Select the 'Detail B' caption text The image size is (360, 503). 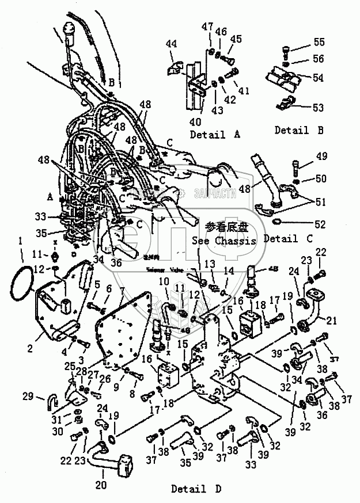tap(299, 130)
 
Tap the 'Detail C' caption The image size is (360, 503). tap(289, 238)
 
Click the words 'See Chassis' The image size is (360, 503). tap(224, 241)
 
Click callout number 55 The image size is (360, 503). tap(319, 43)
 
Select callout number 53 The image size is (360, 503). tap(318, 108)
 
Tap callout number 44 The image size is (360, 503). tap(172, 44)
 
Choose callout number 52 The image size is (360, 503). tap(319, 224)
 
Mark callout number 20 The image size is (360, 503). tap(101, 485)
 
